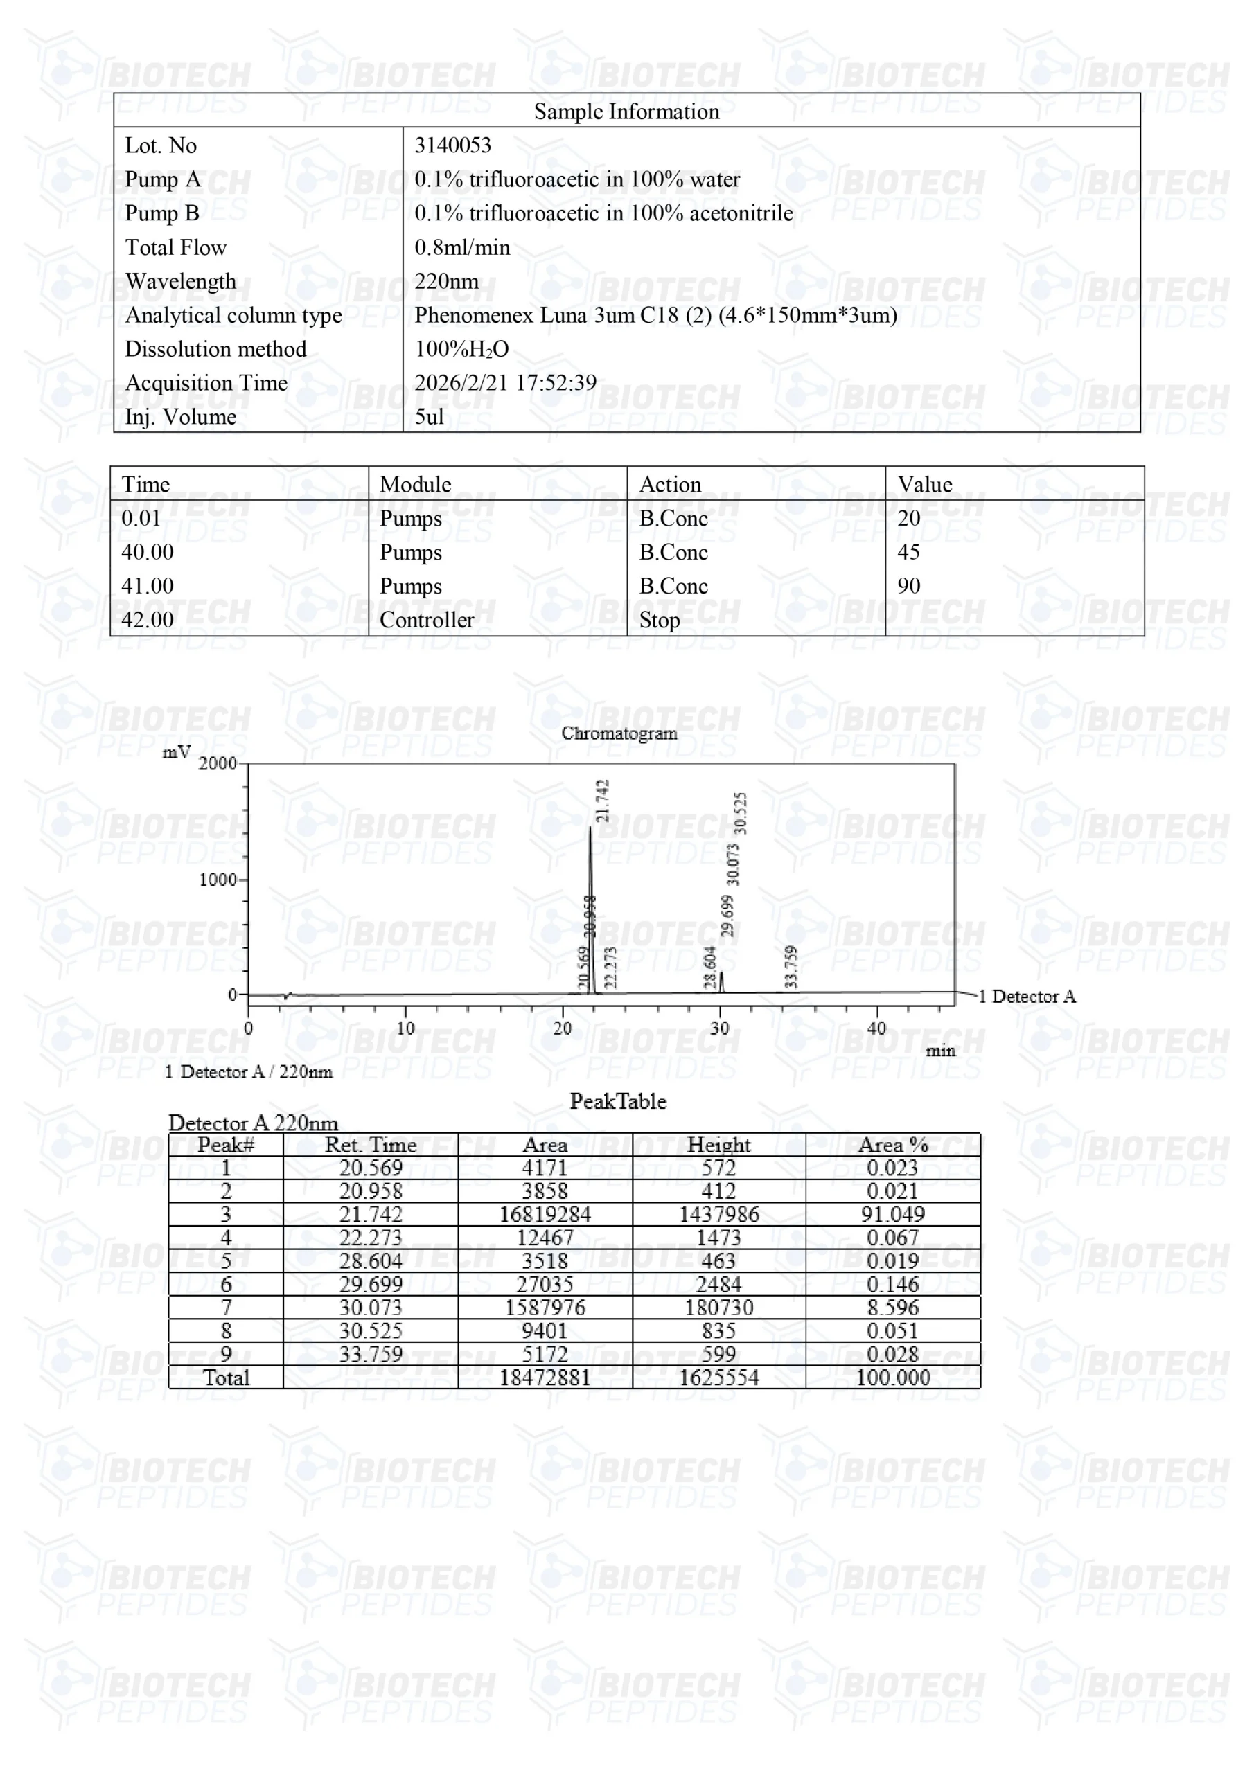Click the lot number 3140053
pyautogui.click(x=453, y=145)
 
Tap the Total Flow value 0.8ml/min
pyautogui.click(x=462, y=247)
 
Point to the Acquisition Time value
pyautogui.click(x=505, y=382)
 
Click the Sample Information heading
pyautogui.click(x=626, y=112)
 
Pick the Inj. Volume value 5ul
pyautogui.click(x=429, y=416)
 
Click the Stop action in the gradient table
pyautogui.click(x=659, y=619)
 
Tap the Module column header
pyautogui.click(x=415, y=484)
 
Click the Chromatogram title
pyautogui.click(x=619, y=733)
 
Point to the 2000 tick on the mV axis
pyautogui.click(x=218, y=764)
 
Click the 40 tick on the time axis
pyautogui.click(x=876, y=1028)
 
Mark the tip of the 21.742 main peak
pyautogui.click(x=590, y=828)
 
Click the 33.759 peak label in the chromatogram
pyautogui.click(x=791, y=966)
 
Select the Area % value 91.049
pyautogui.click(x=892, y=1215)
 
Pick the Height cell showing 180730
pyautogui.click(x=718, y=1308)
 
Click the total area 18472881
pyautogui.click(x=545, y=1378)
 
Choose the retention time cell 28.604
pyautogui.click(x=370, y=1261)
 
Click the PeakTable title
pyautogui.click(x=618, y=1101)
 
